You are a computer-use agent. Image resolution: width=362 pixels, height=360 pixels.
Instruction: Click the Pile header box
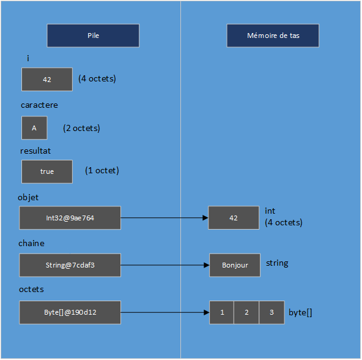tap(93, 36)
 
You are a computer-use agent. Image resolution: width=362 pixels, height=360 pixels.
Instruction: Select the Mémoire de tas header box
tap(273, 36)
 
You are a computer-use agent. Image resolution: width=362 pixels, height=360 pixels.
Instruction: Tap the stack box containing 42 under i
tap(47, 80)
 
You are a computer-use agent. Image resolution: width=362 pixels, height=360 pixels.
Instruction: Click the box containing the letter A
tap(34, 128)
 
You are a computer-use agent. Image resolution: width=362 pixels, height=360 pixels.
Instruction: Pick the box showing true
tap(47, 171)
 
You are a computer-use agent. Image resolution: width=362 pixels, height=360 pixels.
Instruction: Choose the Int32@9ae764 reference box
tap(70, 218)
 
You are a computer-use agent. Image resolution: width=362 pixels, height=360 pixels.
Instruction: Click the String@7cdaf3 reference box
tap(70, 265)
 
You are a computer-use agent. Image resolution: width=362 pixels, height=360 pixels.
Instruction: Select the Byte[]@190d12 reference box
tap(70, 312)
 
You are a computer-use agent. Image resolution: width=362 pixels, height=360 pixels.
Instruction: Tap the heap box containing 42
tap(233, 218)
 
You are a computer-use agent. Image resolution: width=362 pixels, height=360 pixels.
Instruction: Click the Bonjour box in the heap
tap(235, 265)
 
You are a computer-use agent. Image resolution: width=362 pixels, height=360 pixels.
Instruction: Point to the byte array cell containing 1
tap(222, 312)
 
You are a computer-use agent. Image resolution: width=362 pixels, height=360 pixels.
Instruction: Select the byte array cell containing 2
tap(246, 312)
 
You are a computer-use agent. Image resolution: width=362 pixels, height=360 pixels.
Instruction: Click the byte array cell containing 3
tap(271, 312)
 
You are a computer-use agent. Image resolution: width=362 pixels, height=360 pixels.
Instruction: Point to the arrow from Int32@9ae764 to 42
tap(164, 218)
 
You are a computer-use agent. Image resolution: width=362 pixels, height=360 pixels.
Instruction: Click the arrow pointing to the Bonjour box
tap(164, 265)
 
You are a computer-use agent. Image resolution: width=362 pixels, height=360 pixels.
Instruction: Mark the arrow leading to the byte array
tap(164, 312)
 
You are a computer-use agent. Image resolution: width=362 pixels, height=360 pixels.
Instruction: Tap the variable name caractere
tap(39, 105)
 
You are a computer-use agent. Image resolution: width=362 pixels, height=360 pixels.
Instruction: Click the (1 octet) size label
tap(102, 171)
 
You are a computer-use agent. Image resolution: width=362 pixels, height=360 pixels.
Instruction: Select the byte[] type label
tap(300, 312)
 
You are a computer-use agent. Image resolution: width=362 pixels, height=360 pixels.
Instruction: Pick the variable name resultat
tap(35, 149)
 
